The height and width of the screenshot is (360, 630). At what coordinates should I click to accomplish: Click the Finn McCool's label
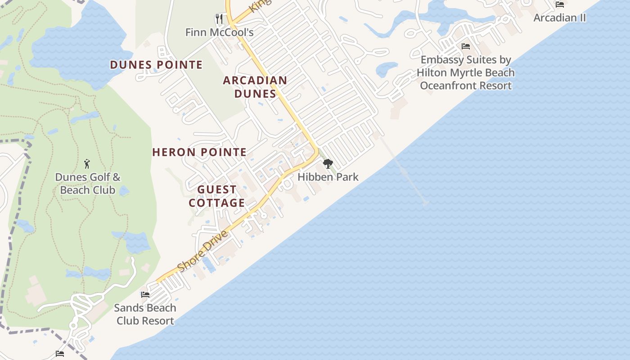pyautogui.click(x=220, y=32)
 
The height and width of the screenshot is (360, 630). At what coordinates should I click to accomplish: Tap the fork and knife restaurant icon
pyautogui.click(x=219, y=19)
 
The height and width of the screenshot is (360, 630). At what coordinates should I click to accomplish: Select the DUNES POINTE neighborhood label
pyautogui.click(x=156, y=65)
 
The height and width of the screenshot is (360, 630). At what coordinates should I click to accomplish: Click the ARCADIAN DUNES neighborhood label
pyautogui.click(x=255, y=87)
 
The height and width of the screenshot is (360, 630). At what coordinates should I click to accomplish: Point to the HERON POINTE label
pyautogui.click(x=199, y=152)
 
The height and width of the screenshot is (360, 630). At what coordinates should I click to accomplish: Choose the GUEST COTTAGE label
pyautogui.click(x=217, y=196)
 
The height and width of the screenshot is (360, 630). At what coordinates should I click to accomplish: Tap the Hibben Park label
pyautogui.click(x=328, y=177)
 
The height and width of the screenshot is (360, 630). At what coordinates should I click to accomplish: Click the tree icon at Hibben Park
pyautogui.click(x=328, y=164)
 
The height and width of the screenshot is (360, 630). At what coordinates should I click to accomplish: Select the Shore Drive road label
pyautogui.click(x=203, y=251)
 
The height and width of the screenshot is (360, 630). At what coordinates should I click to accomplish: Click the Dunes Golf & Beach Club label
pyautogui.click(x=88, y=184)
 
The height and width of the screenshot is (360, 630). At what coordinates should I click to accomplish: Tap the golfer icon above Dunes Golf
pyautogui.click(x=87, y=164)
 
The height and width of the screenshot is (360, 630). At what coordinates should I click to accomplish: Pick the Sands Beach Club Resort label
pyautogui.click(x=145, y=314)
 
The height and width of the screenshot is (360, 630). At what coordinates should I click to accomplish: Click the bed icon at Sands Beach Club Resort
pyautogui.click(x=145, y=295)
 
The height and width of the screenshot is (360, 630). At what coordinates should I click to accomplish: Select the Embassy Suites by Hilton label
pyautogui.click(x=466, y=72)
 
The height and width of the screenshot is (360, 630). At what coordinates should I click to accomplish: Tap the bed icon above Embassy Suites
pyautogui.click(x=466, y=46)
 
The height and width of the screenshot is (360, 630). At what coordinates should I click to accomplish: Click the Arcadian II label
pyautogui.click(x=560, y=18)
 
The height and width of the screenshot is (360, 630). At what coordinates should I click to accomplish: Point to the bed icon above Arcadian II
pyautogui.click(x=560, y=4)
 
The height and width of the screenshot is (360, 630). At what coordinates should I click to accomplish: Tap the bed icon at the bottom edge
pyautogui.click(x=60, y=354)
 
